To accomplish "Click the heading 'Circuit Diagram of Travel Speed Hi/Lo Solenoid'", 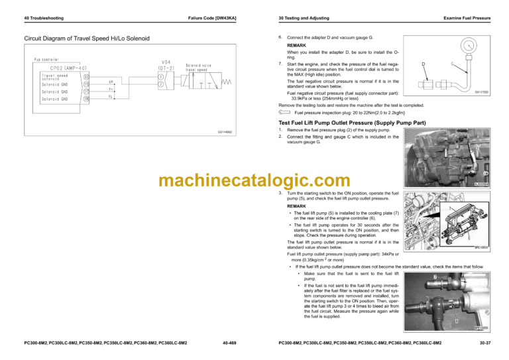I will [x=87, y=38].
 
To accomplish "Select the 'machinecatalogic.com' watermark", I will [x=254, y=180].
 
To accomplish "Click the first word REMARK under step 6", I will [x=297, y=45].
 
